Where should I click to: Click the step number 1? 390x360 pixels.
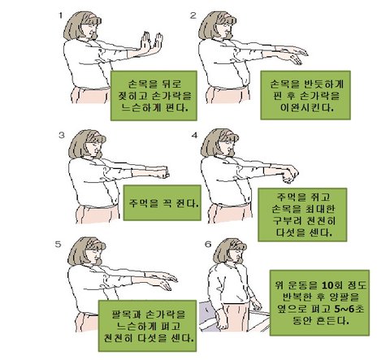(x=60, y=15)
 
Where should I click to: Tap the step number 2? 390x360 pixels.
(x=193, y=15)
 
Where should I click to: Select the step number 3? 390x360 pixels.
(x=62, y=135)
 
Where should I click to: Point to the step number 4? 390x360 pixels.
(x=194, y=135)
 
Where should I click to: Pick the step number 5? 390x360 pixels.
(x=58, y=245)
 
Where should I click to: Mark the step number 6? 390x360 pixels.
(x=208, y=245)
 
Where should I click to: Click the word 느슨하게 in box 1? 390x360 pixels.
(x=141, y=108)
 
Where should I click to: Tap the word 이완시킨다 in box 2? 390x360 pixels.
(x=306, y=108)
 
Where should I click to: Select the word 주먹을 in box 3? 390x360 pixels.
(x=143, y=203)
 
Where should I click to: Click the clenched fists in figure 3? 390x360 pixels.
(x=165, y=173)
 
